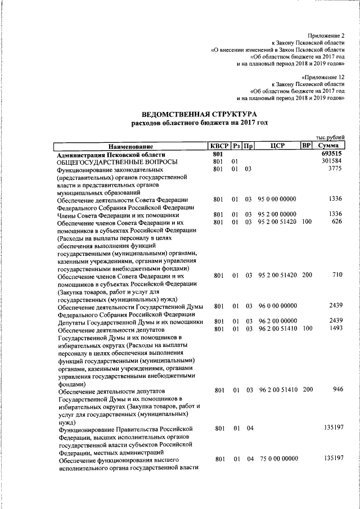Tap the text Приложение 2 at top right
point(326,35)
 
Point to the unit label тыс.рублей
point(330,138)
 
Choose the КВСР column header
point(219,146)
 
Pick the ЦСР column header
point(278,146)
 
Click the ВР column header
point(307,146)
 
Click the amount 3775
point(335,169)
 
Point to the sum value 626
point(337,222)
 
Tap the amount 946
point(337,389)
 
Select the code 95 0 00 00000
point(277,199)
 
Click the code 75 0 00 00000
point(279,459)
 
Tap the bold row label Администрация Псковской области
point(111,154)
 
